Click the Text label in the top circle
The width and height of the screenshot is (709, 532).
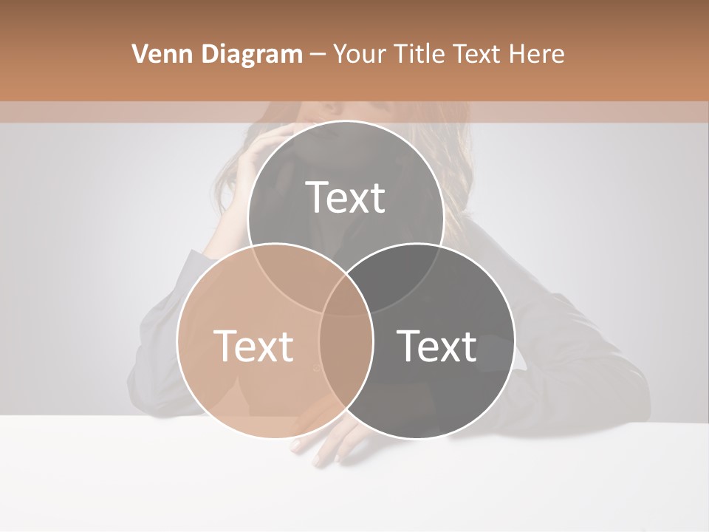(346, 198)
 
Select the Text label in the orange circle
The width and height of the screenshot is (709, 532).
(253, 346)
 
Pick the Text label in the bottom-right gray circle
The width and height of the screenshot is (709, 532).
(437, 346)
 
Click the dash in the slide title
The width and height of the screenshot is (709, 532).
(318, 55)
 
